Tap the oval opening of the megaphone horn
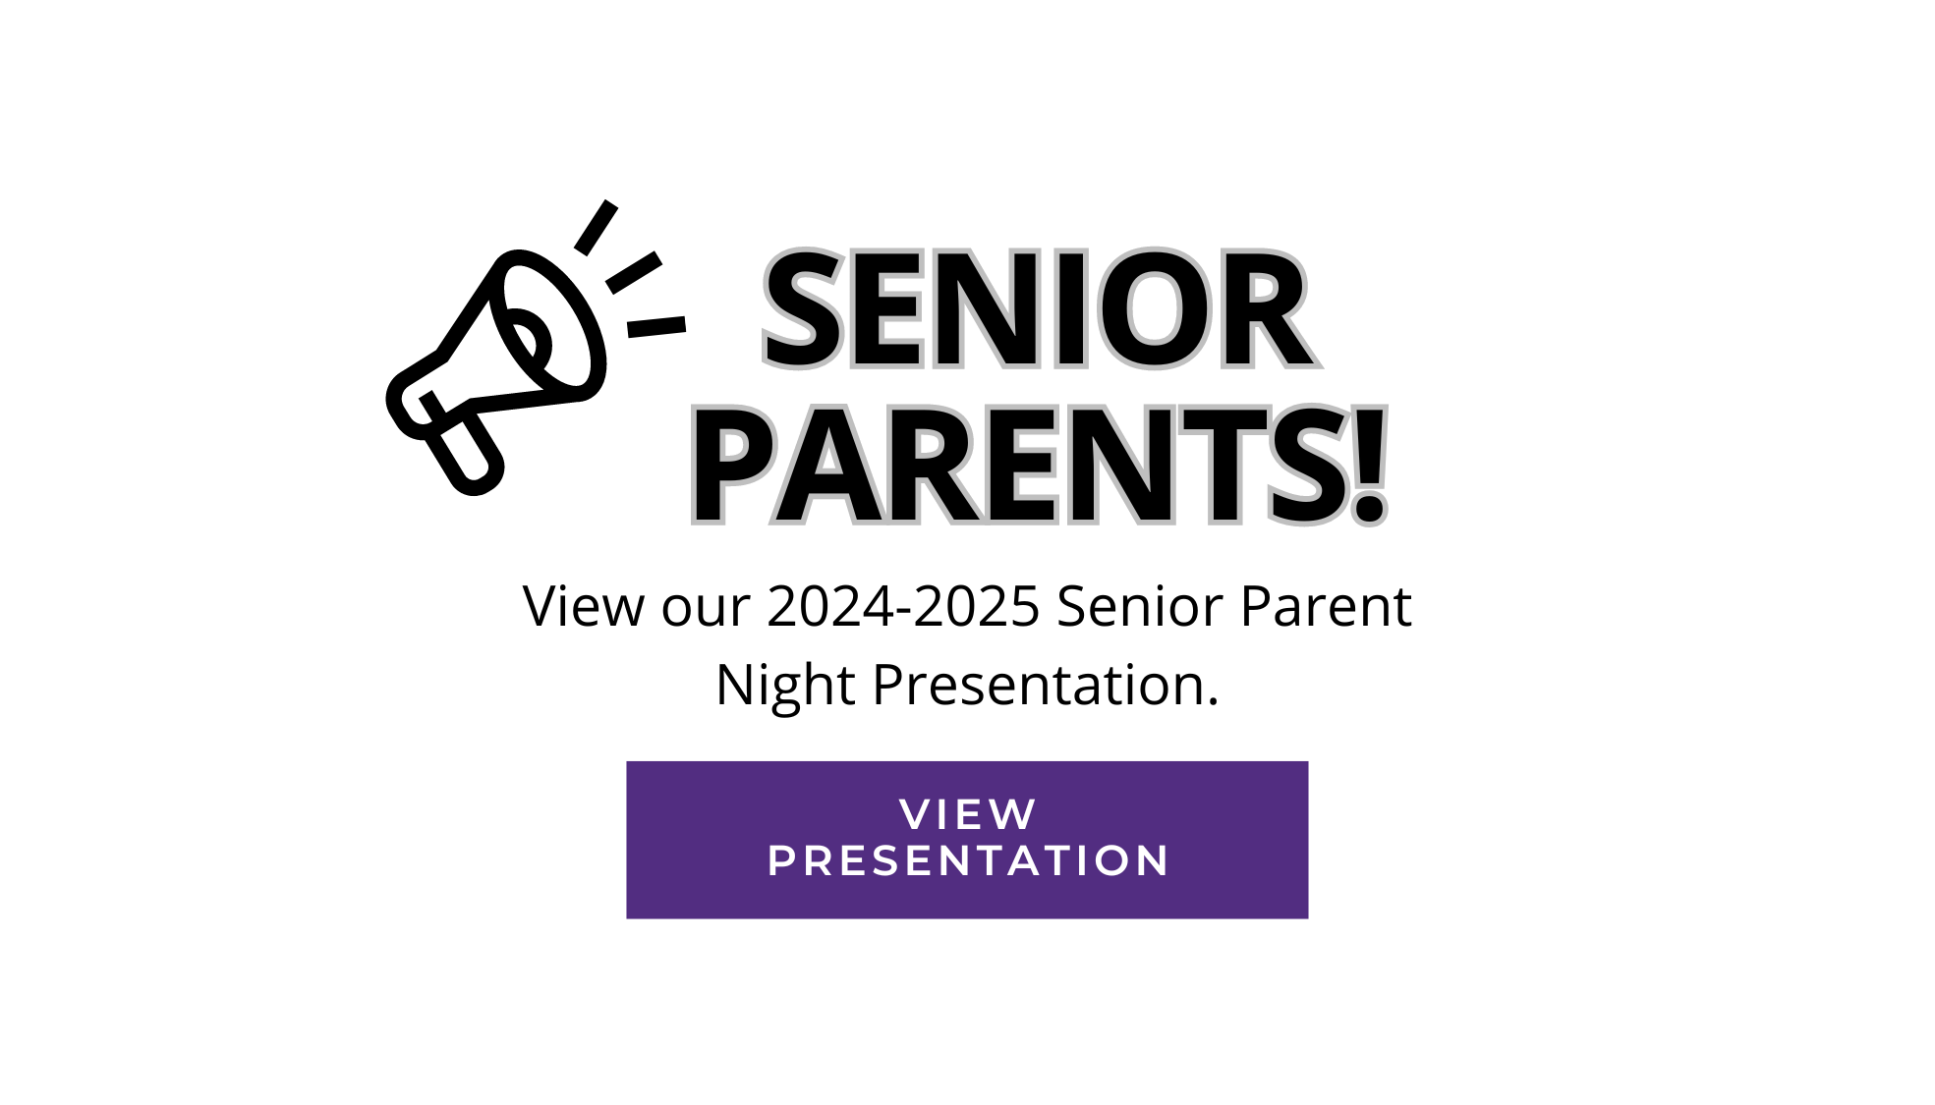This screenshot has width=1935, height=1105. point(548,322)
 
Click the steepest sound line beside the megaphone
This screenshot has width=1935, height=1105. point(597,228)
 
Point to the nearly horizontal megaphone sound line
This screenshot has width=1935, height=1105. point(656,326)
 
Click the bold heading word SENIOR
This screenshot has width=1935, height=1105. point(1040,309)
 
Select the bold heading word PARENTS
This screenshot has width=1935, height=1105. point(1021,466)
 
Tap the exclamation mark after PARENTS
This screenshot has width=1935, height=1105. point(1368,466)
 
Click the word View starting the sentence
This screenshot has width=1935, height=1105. point(584,605)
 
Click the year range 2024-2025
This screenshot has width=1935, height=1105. point(903,606)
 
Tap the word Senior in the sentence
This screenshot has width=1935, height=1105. point(1140,606)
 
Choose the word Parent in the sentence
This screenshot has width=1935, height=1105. point(1326,606)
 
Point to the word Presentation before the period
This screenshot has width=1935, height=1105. point(1039,685)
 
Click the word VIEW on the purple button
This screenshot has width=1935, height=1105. point(968,814)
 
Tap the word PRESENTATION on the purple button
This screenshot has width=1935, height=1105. point(968,861)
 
